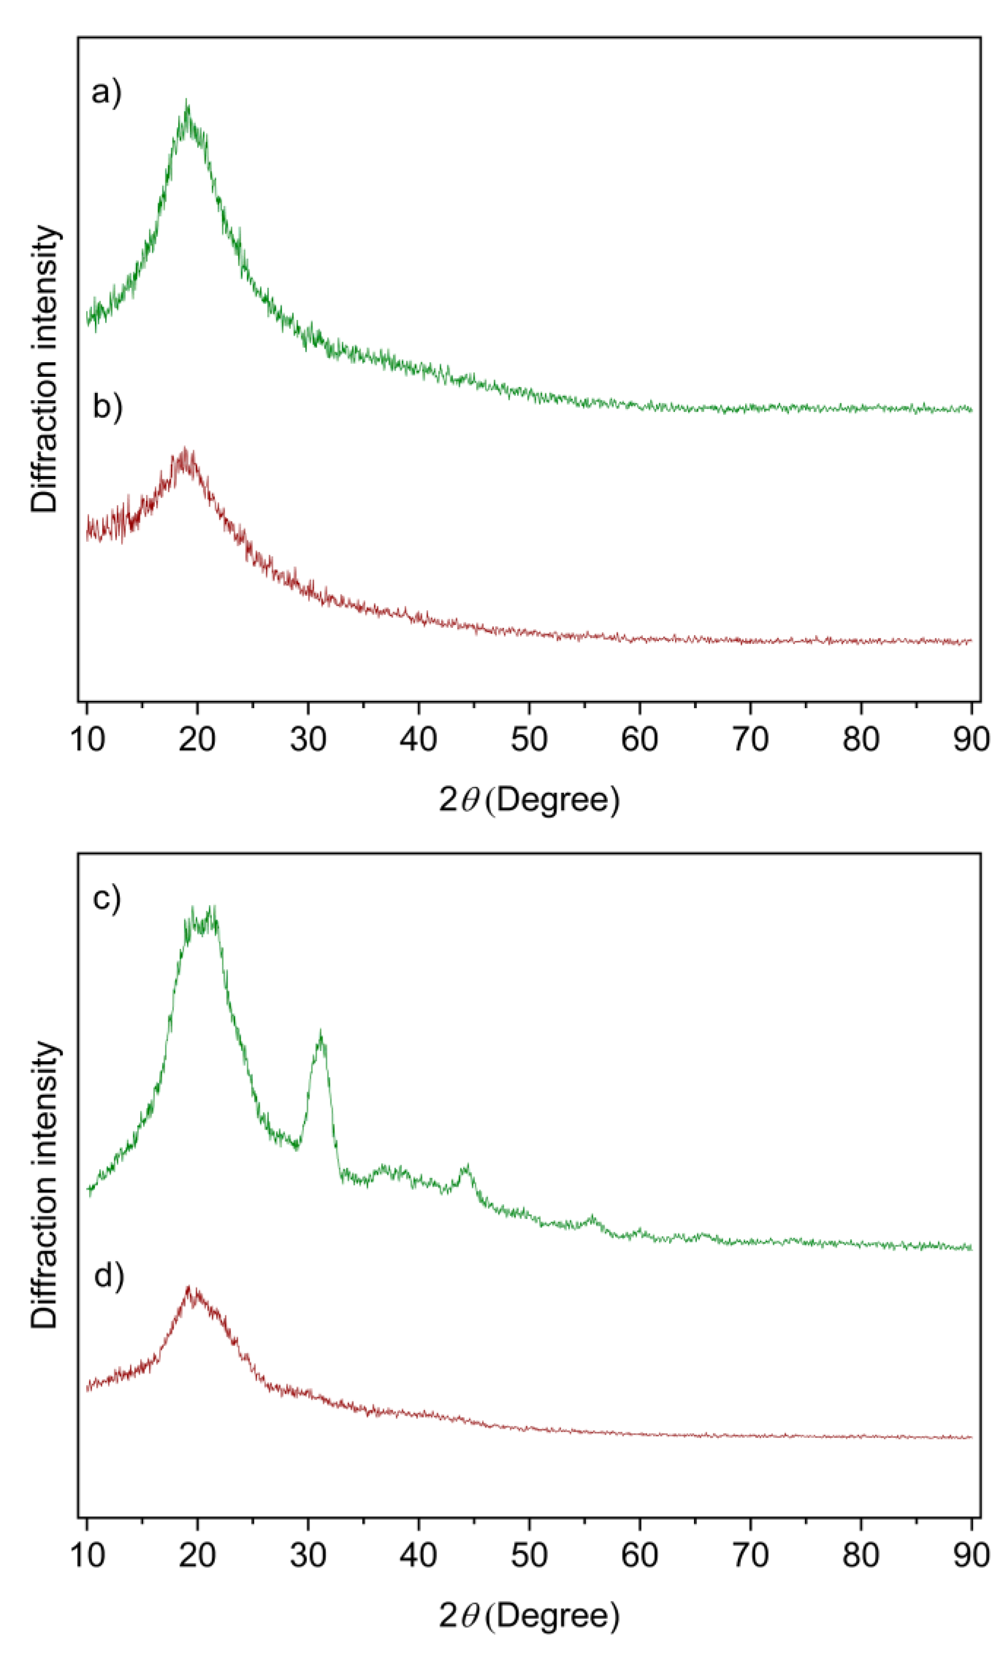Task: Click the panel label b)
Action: point(107,407)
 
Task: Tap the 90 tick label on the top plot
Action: point(970,739)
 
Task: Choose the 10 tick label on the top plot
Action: point(88,739)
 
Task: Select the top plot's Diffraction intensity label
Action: point(45,370)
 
